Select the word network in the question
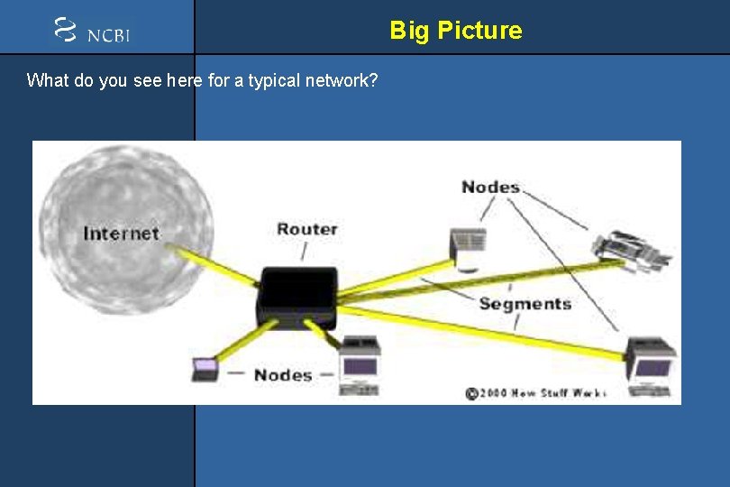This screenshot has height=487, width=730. tap(347, 80)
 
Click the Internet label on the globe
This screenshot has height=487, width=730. tap(121, 234)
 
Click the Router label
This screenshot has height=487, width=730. tap(306, 229)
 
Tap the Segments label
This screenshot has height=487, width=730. tap(525, 303)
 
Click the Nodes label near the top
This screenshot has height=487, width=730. tap(490, 187)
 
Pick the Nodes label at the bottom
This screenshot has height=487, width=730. tap(282, 374)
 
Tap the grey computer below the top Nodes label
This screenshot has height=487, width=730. tap(469, 249)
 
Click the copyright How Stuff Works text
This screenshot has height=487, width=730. tap(535, 393)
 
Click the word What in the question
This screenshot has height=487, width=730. tap(45, 80)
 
